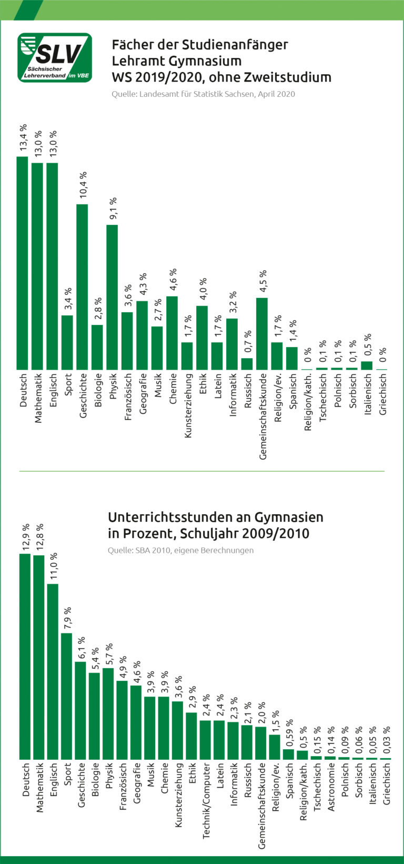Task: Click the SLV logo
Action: point(55,57)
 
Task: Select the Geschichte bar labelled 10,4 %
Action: point(82,287)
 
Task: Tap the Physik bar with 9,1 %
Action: point(112,297)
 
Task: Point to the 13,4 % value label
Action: point(23,138)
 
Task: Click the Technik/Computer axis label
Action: point(206,801)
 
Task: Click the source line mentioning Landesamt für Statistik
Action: point(203,94)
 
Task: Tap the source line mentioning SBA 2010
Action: point(180,550)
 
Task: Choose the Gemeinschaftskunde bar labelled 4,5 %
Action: point(262,334)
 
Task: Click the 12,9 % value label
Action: point(25,538)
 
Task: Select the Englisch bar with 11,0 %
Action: point(53,671)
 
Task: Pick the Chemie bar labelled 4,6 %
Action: point(172,333)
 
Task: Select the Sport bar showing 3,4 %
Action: point(67,343)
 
